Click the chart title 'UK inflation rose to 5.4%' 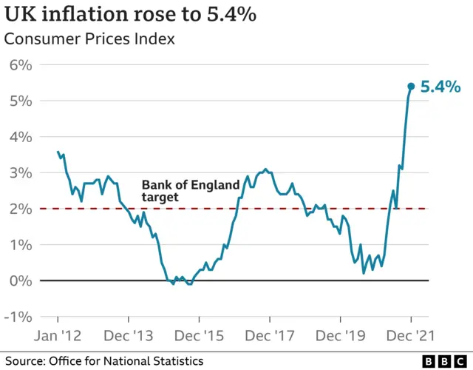[x=131, y=14]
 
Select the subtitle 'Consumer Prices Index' [x=89, y=39]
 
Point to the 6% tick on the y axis [x=21, y=65]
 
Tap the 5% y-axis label [x=21, y=101]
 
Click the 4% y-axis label [x=21, y=137]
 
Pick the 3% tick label [x=21, y=173]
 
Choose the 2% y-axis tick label [x=21, y=209]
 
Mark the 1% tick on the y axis [x=21, y=245]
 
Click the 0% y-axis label [x=21, y=280]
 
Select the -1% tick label [x=18, y=317]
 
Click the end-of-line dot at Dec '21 [x=411, y=87]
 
